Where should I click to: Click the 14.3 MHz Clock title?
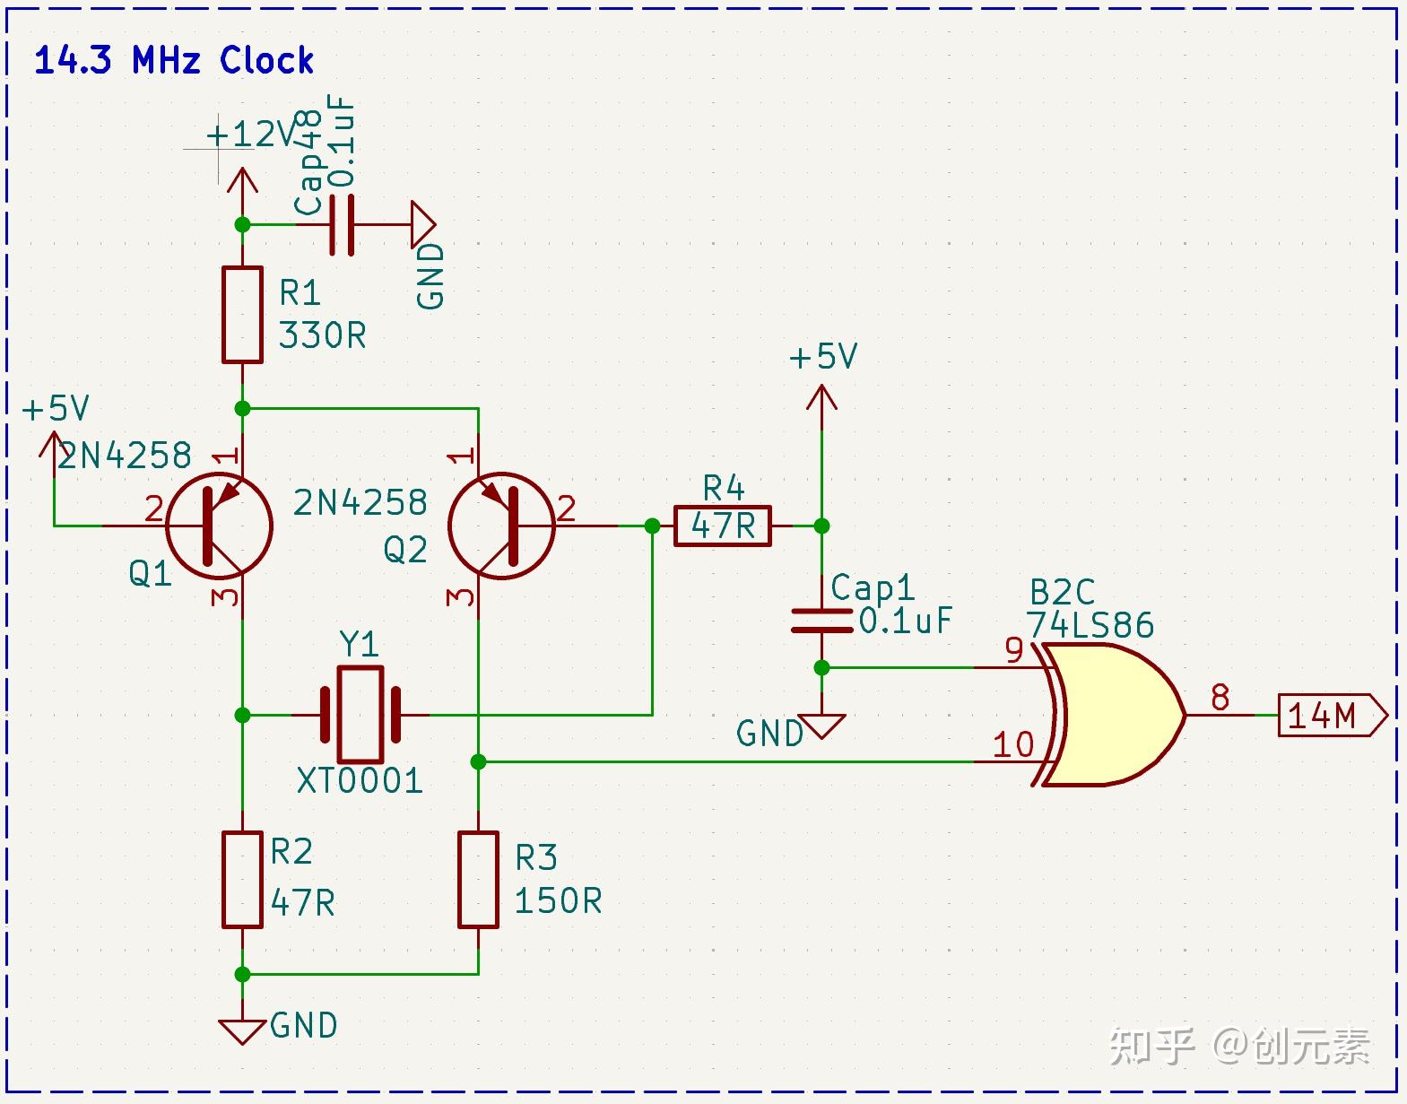[174, 61]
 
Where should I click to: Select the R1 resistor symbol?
[242, 315]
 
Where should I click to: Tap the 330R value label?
[322, 336]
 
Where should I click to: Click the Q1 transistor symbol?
[219, 526]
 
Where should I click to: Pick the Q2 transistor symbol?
[501, 526]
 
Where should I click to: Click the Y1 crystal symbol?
[360, 715]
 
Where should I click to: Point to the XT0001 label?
[360, 781]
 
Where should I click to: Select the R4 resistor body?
[722, 526]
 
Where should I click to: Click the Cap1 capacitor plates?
[821, 621]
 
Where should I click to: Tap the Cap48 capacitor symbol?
[342, 224]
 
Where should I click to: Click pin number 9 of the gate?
[1014, 649]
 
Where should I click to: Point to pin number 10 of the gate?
[1013, 744]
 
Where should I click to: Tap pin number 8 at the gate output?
[1220, 697]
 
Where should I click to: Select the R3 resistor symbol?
[478, 879]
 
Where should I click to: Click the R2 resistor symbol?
[242, 879]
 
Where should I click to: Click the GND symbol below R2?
[242, 1030]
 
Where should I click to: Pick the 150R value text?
[558, 901]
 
